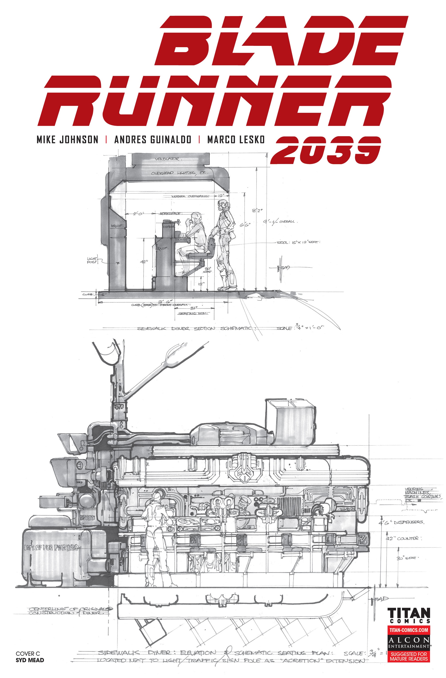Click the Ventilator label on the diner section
tap(167, 159)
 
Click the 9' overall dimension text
tap(280, 221)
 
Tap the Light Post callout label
tap(92, 260)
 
